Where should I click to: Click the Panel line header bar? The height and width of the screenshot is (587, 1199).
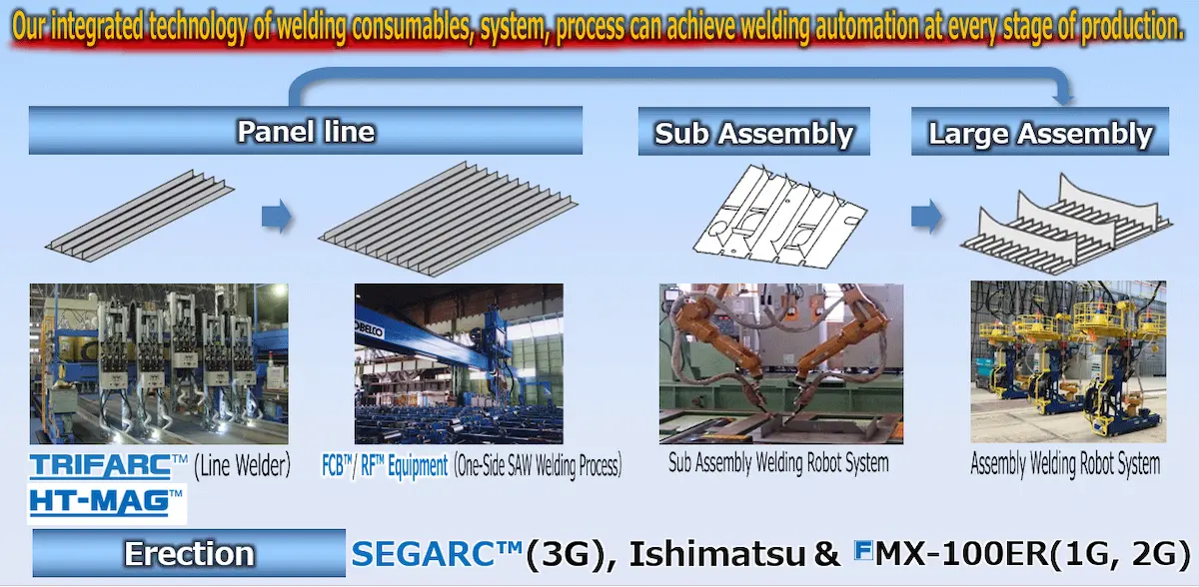pyautogui.click(x=306, y=131)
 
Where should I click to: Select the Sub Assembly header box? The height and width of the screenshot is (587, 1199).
pyautogui.click(x=753, y=132)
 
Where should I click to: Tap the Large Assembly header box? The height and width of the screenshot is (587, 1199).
pyautogui.click(x=1040, y=132)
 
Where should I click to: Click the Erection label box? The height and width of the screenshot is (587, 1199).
pyautogui.click(x=189, y=553)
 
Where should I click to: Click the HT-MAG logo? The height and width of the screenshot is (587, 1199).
pyautogui.click(x=106, y=503)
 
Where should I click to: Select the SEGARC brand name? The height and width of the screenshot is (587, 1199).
pyautogui.click(x=437, y=554)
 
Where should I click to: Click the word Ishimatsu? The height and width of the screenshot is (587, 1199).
pyautogui.click(x=717, y=554)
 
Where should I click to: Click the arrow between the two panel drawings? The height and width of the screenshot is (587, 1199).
pyautogui.click(x=277, y=217)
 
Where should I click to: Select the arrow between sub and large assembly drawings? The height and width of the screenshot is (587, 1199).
pyautogui.click(x=926, y=217)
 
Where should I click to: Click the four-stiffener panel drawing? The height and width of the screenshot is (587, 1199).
pyautogui.click(x=140, y=216)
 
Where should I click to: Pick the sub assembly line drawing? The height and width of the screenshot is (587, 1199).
pyautogui.click(x=780, y=217)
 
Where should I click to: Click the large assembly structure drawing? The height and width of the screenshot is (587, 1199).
pyautogui.click(x=1066, y=224)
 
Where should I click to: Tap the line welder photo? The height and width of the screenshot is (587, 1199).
pyautogui.click(x=159, y=363)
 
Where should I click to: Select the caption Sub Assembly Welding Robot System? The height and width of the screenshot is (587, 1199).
pyautogui.click(x=778, y=463)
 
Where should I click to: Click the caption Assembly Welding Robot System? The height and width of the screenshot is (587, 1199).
pyautogui.click(x=1066, y=463)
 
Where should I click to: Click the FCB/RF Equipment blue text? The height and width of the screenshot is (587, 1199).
pyautogui.click(x=385, y=465)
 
